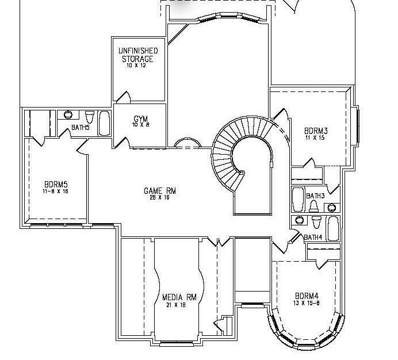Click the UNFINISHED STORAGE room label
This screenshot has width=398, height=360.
pos(137,55)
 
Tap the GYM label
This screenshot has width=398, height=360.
pos(140,119)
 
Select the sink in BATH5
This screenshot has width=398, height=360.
pos(68,114)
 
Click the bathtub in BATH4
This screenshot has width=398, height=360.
pos(333,228)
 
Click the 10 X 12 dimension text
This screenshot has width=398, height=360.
pos(137,66)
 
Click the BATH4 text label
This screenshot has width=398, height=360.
pos(313,237)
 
